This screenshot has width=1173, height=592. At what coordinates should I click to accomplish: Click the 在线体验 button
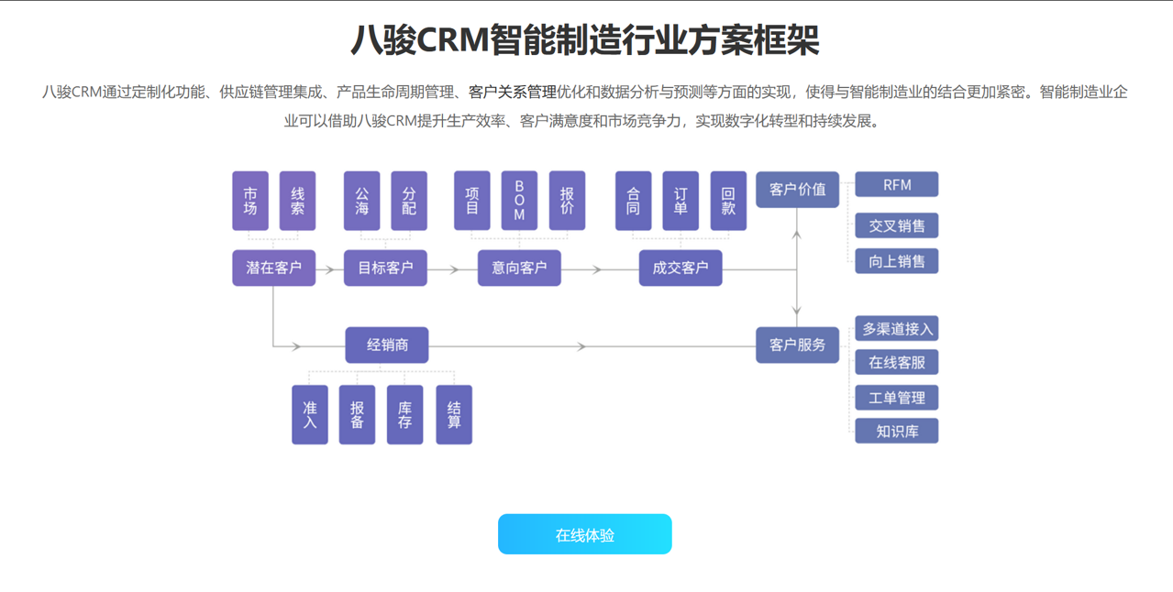[x=584, y=534]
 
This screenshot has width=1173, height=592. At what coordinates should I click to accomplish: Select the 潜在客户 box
[x=273, y=268]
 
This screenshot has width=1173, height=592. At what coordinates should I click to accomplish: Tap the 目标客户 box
[x=385, y=268]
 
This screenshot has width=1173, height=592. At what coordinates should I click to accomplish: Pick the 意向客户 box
[x=519, y=268]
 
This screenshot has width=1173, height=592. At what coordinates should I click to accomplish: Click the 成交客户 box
[x=680, y=268]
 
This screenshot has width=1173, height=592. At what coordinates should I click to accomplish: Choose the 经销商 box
[x=386, y=345]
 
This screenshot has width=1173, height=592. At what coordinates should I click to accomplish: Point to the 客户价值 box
[x=797, y=190]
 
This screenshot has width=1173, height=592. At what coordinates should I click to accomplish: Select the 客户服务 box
[x=797, y=345]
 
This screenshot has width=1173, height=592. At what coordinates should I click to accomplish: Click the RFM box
[x=896, y=184]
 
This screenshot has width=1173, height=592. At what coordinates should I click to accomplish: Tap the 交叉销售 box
[x=896, y=225]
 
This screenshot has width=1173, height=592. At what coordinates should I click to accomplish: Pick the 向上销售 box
[x=896, y=261]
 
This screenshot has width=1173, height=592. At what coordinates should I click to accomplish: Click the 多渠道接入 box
[x=896, y=328]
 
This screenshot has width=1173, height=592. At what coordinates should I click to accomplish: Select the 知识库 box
[x=896, y=431]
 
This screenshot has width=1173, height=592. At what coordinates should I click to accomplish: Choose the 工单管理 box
[x=896, y=398]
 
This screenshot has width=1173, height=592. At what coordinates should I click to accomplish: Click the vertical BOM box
[x=519, y=201]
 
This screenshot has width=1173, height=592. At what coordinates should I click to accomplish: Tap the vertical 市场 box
[x=250, y=201]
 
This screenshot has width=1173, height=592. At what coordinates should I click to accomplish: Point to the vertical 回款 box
[x=728, y=201]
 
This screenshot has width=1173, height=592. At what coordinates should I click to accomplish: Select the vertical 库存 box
[x=404, y=415]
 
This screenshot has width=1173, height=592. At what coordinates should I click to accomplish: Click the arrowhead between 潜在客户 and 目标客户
[x=328, y=269]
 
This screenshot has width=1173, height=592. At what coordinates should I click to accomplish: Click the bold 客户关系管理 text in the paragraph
[x=512, y=92]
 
